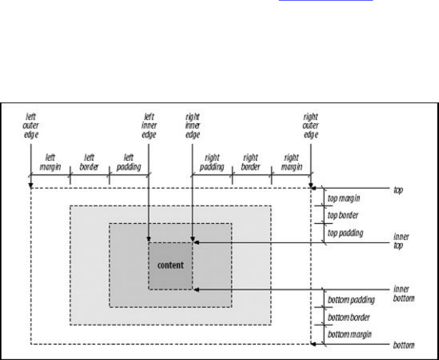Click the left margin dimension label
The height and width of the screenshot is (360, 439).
point(49,161)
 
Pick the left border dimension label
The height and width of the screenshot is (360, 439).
point(89,161)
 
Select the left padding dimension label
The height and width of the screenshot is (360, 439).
point(129,161)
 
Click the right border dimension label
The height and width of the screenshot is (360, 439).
point(251,161)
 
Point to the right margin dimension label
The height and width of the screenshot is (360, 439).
point(292,161)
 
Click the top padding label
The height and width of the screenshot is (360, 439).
point(346,233)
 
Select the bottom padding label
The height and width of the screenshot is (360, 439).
point(351,300)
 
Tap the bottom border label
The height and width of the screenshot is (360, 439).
point(350,317)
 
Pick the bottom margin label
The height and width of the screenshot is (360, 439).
point(350,335)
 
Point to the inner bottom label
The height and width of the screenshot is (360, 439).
point(404,293)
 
